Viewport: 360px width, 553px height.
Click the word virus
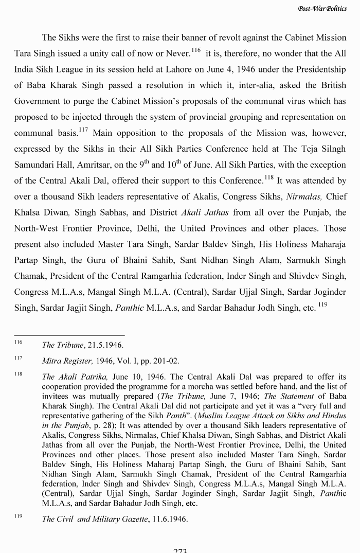coord(310,101)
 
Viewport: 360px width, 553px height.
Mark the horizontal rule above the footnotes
coord(69,335)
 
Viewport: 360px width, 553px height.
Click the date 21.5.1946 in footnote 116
coord(104,345)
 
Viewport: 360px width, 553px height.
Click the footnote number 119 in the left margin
coord(19,517)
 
